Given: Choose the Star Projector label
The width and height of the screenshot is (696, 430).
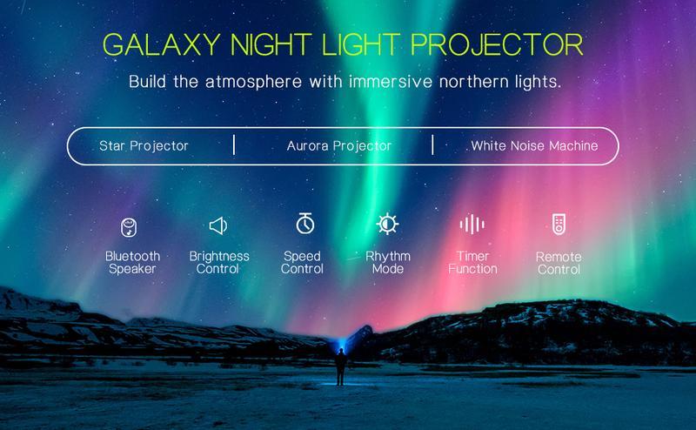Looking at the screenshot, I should [144, 145].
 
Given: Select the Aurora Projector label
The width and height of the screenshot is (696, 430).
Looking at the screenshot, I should [339, 145].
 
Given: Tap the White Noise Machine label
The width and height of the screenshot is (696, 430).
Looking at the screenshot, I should [534, 145].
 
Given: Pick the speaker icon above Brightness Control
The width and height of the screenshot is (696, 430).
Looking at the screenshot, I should [218, 226].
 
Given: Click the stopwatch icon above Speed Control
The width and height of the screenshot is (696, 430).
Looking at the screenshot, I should [304, 225].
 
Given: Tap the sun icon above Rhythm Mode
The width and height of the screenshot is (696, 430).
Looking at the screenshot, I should [386, 225].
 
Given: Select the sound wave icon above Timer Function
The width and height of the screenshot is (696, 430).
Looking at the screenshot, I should [472, 225].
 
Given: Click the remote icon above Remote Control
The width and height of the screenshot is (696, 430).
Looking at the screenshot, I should [559, 225].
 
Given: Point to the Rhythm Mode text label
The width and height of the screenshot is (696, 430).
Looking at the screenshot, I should [387, 262].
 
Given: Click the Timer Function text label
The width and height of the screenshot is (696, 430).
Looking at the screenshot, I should [472, 262].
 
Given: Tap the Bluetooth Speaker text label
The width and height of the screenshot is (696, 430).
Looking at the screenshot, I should [132, 262].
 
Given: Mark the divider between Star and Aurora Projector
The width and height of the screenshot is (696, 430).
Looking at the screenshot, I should [234, 144].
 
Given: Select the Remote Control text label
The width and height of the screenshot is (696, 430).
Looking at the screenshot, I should [559, 263].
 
